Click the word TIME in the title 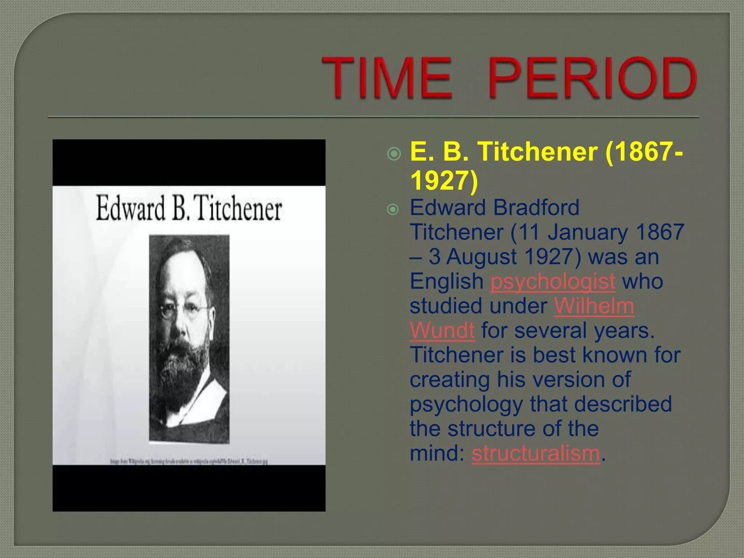(387, 78)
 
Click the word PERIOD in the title (592, 78)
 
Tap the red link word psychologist (553, 281)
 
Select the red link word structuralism (535, 453)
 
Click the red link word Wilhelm (594, 306)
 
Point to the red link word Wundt (442, 330)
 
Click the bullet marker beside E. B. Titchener (394, 154)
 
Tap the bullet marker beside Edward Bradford (393, 210)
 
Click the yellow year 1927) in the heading (444, 180)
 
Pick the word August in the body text (481, 257)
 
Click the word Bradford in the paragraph (536, 208)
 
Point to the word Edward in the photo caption (130, 209)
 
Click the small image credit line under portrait (189, 461)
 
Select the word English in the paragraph (446, 281)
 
